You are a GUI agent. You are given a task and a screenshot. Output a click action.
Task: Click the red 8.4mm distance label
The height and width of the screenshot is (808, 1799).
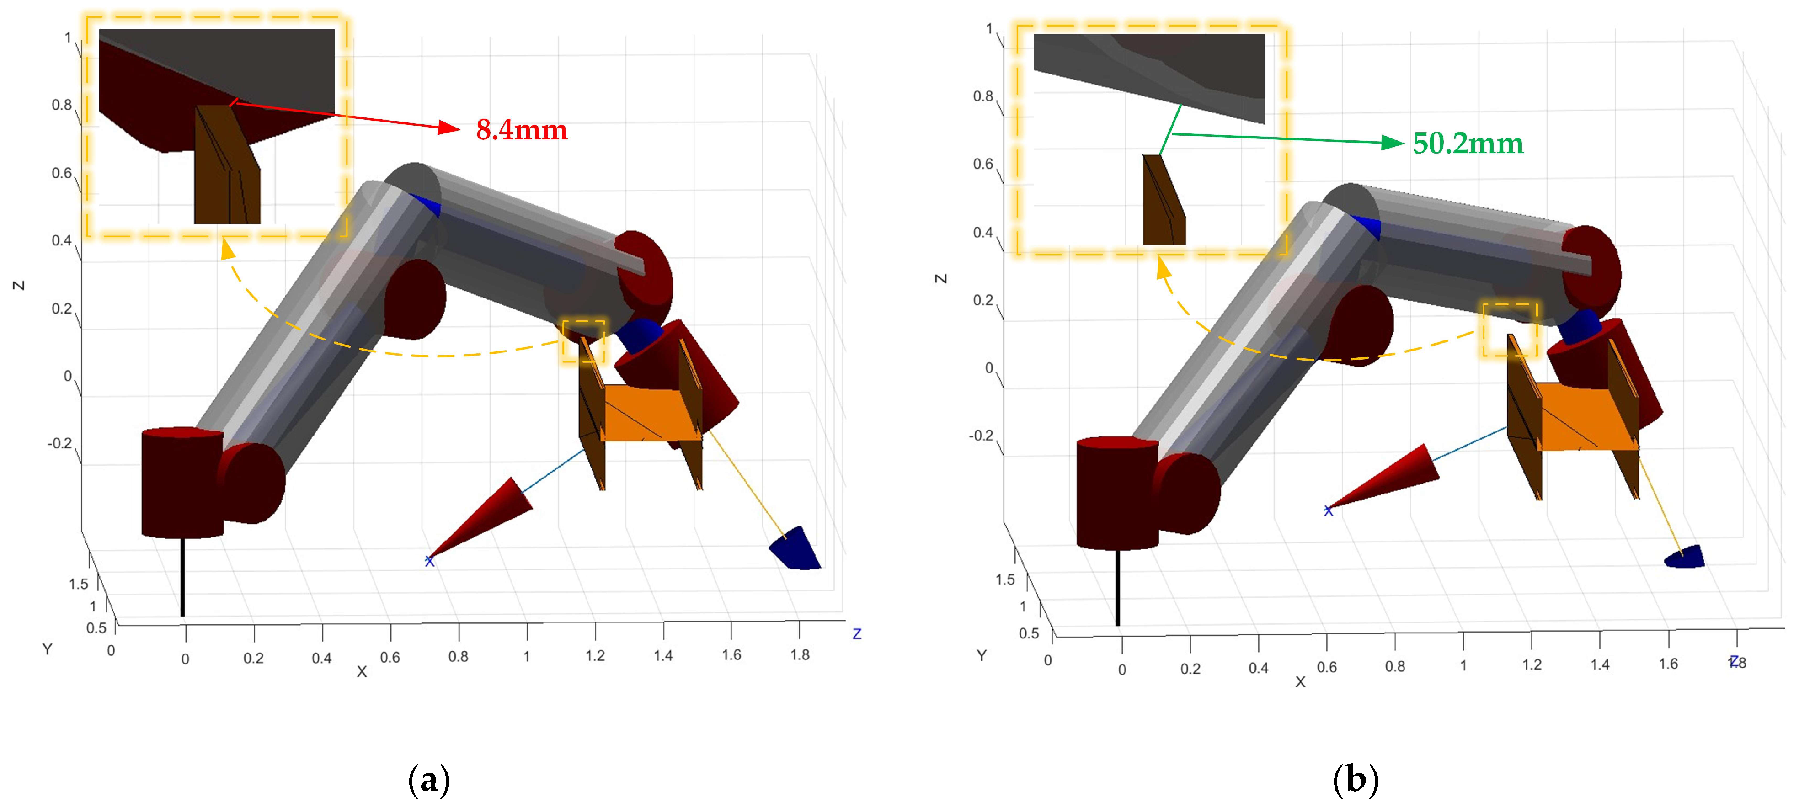(522, 130)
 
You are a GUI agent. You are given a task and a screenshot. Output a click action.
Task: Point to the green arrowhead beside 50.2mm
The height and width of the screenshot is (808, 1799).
(1393, 143)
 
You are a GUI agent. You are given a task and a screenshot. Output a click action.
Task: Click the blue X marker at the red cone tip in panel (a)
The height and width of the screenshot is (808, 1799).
(429, 561)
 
